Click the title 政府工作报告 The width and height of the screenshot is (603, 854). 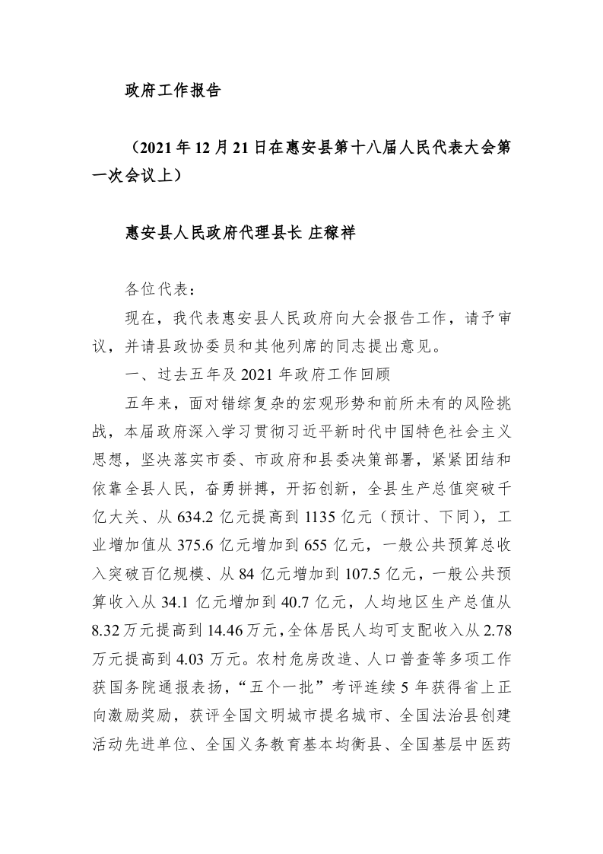[x=173, y=91]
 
